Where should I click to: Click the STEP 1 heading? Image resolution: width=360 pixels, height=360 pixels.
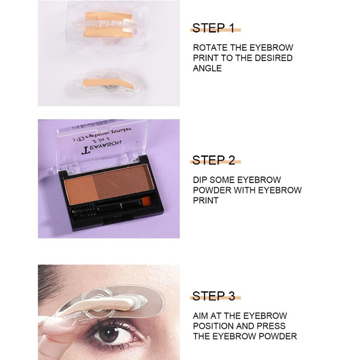213,28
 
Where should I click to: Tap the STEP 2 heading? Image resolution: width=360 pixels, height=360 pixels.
213,160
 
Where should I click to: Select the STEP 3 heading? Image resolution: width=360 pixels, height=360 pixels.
213,296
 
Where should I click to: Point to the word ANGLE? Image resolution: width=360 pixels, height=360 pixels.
207,68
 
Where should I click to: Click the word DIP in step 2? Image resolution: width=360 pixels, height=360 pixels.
200,180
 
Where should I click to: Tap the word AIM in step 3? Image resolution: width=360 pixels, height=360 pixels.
200,316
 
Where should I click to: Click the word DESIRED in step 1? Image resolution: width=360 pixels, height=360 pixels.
273,58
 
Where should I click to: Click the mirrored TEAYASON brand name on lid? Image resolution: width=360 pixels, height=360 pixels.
102,147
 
